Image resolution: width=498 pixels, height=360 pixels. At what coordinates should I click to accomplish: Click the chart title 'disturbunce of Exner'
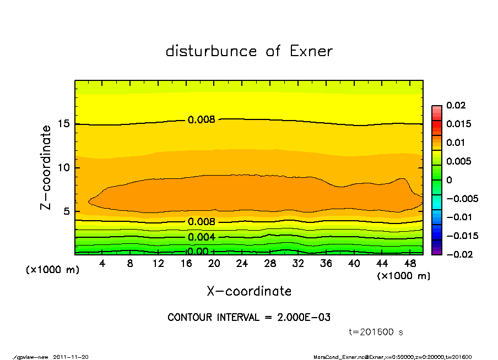pos(249,51)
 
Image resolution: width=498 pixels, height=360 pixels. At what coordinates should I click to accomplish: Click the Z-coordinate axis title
pos(46,167)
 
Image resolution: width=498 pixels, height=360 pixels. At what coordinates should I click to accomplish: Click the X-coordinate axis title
pos(249,291)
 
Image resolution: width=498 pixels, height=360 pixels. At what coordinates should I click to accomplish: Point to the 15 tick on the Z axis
pos(64,124)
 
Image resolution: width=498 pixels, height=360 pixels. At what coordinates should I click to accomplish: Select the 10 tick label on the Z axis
pos(64,167)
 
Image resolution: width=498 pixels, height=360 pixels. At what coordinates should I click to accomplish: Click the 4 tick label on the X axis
pos(102,264)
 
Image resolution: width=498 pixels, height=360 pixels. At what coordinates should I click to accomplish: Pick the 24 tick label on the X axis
pos(242,264)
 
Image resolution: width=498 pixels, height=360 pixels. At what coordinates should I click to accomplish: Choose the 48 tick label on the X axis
pos(410,264)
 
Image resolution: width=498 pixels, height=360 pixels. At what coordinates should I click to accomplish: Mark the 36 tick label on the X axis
pos(326,264)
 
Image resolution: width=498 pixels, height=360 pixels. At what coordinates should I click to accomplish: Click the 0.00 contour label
pos(198,252)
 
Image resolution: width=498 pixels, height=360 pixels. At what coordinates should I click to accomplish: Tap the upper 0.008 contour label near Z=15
pos(201,119)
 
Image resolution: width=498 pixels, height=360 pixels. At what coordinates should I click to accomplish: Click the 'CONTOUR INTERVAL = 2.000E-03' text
pos(249,318)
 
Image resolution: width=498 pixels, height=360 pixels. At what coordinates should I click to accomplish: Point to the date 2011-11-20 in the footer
pos(71,357)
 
